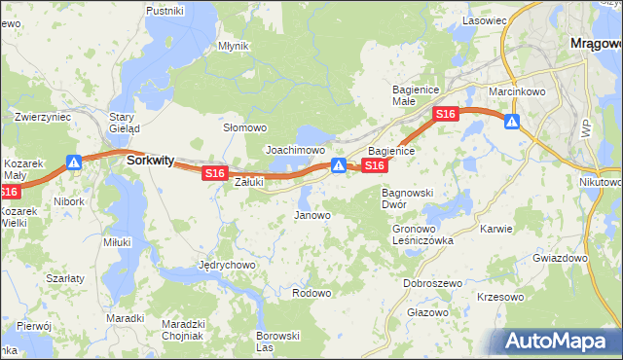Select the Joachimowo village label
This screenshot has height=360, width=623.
295,151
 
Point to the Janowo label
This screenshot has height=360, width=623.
312,215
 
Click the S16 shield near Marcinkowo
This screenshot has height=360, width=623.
445,115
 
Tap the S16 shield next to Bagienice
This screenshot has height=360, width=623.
375,167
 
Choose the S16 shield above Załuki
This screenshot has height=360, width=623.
214,173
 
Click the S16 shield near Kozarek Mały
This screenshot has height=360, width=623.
8,194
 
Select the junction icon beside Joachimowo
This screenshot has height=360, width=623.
337,164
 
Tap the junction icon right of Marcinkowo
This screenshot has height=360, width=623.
511,122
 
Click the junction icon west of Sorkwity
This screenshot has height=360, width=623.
74,162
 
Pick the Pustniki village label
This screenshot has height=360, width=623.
165,11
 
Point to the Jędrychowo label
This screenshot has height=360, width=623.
226,265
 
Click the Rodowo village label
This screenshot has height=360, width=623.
311,293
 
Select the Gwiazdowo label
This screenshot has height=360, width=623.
561,259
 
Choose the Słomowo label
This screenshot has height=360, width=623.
245,128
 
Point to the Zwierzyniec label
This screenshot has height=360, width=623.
43,117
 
